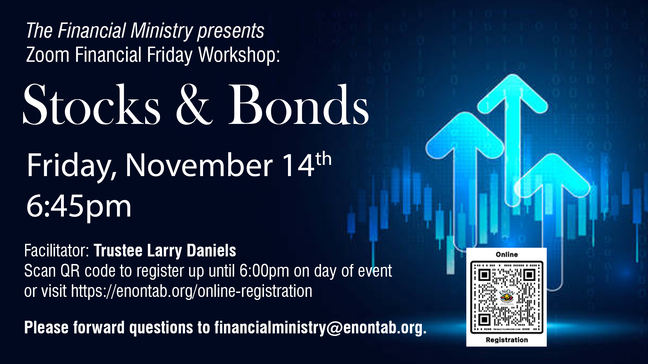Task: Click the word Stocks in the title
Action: click(92, 104)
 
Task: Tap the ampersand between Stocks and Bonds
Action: click(194, 104)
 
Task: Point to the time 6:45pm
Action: click(79, 207)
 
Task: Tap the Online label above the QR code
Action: click(507, 254)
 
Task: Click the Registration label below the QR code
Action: click(507, 340)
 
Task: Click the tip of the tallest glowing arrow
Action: click(512, 75)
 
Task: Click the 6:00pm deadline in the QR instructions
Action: click(264, 271)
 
